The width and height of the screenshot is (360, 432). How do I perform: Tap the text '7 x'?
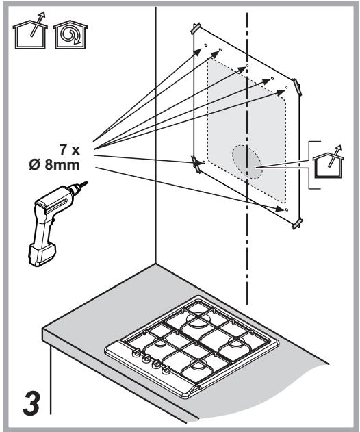tap(70, 150)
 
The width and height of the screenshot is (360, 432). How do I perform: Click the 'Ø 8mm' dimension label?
tap(55, 165)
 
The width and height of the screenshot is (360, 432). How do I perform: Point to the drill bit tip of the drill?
tap(87, 182)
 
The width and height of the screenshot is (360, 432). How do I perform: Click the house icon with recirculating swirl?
tap(70, 35)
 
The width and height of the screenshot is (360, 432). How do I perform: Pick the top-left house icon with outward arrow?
tap(30, 31)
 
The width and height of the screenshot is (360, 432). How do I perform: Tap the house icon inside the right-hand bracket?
tap(329, 162)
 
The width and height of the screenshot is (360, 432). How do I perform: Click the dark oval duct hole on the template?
tap(247, 162)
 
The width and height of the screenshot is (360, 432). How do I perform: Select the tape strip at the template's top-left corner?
tap(196, 28)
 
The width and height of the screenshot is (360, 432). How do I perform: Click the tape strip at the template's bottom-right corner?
tap(297, 223)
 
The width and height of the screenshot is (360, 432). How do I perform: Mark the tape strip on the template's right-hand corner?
tap(297, 87)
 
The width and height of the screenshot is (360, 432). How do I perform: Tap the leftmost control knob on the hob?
tap(136, 353)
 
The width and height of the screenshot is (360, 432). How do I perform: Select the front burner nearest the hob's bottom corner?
tap(197, 366)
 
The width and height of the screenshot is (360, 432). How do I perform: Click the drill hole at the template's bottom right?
tap(286, 210)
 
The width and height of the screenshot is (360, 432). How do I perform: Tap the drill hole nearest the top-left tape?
tap(205, 45)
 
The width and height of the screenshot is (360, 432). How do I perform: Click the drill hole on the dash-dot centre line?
tap(247, 65)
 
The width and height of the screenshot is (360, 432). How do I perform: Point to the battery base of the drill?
tap(41, 255)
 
